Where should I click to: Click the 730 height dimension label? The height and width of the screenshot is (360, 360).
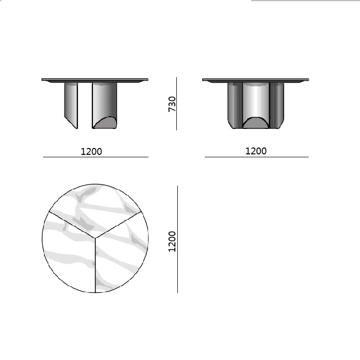click(x=172, y=104)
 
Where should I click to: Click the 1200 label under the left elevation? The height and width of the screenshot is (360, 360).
click(x=91, y=151)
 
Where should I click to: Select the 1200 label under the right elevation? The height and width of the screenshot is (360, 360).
click(x=256, y=151)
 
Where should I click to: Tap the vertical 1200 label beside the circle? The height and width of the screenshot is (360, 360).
click(x=172, y=241)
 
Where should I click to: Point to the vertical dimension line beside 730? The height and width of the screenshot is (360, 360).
click(x=176, y=104)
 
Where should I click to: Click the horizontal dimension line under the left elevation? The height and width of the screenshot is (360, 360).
click(x=96, y=157)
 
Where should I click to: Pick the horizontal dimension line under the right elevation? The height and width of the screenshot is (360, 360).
click(x=256, y=157)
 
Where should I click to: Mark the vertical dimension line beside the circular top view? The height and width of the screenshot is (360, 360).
click(x=177, y=239)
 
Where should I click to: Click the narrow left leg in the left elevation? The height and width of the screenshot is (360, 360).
click(x=71, y=105)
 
